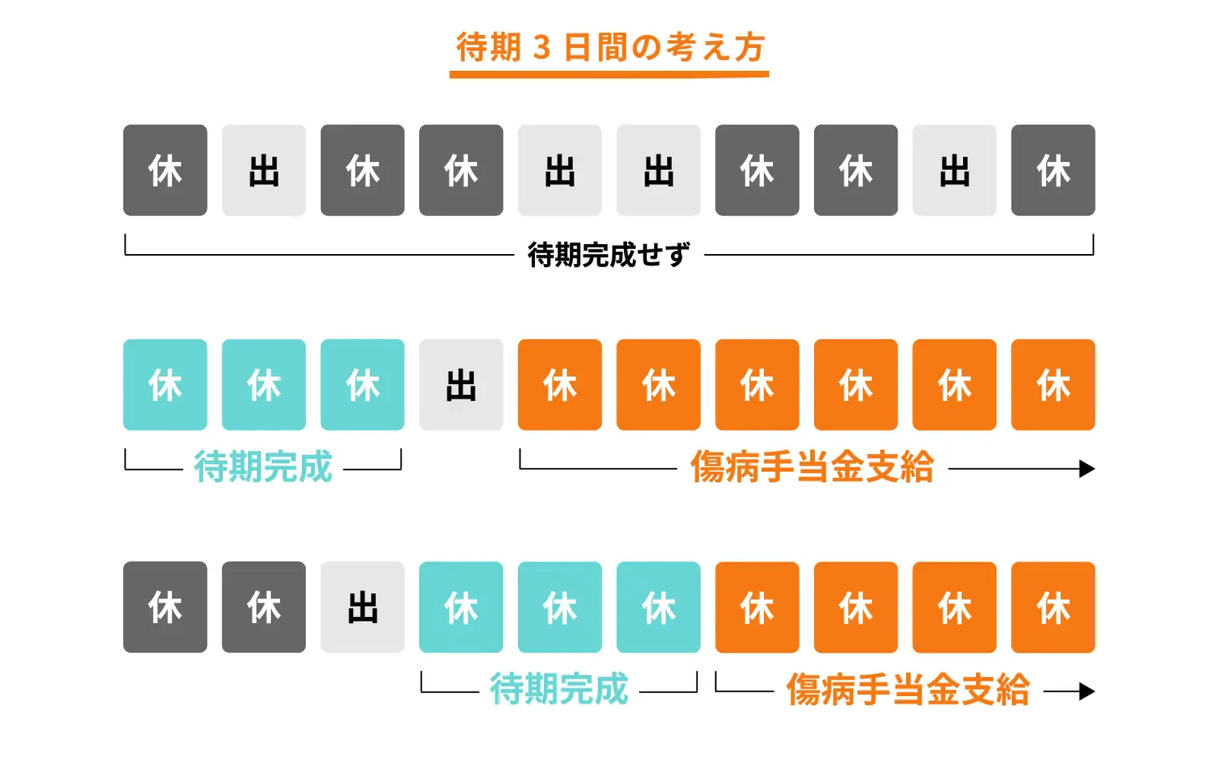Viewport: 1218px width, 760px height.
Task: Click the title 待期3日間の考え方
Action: point(609,47)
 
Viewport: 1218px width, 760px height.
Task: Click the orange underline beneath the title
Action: point(609,74)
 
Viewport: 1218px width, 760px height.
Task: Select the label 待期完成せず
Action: point(609,255)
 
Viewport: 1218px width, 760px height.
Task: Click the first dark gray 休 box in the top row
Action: point(165,170)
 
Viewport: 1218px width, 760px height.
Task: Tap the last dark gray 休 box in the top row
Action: point(1053,170)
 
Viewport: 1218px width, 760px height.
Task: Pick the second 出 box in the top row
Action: point(560,170)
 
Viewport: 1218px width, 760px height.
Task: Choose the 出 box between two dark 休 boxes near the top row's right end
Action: point(954,170)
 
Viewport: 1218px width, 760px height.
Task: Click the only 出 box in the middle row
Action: point(461,385)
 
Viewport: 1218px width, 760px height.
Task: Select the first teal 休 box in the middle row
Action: point(165,385)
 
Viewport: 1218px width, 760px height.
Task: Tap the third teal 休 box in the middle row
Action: point(362,385)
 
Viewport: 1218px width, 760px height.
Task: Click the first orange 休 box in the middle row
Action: point(560,385)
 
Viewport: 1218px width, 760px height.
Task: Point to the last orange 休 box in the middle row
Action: point(1053,385)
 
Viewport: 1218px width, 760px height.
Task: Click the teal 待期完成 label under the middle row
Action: point(263,466)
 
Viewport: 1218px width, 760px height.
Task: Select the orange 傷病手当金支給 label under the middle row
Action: point(812,466)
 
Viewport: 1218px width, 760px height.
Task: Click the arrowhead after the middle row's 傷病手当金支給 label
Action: point(1086,469)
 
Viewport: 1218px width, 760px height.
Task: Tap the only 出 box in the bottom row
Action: point(362,607)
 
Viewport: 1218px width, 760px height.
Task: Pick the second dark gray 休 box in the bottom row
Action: point(263,607)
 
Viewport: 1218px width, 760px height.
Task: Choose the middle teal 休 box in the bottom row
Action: point(560,607)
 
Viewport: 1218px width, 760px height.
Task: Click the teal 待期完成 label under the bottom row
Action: point(559,689)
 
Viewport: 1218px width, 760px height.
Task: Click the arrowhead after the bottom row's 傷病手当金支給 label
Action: point(1086,692)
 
